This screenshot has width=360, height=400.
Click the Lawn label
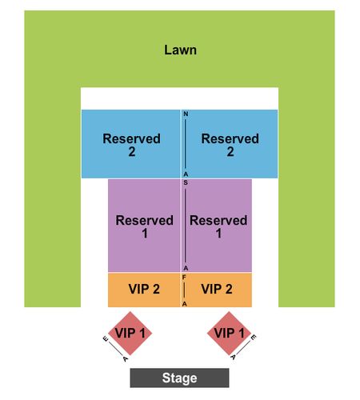coord(180,50)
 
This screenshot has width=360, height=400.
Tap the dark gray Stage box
coord(179,378)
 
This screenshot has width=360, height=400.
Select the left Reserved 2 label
coord(132,145)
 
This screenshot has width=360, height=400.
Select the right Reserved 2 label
coord(230,145)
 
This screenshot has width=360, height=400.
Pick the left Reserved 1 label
coord(145,226)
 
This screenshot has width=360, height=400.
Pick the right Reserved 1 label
coord(218,226)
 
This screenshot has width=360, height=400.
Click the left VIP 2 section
coord(144,290)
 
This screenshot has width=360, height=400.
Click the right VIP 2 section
coord(217,290)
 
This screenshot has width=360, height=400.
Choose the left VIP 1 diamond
coord(130,334)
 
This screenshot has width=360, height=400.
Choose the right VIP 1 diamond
coord(229,334)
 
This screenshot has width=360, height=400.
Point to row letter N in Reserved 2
coord(186,114)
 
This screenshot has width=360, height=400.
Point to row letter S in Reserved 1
coord(186,183)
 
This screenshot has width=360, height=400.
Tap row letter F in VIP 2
coord(184,278)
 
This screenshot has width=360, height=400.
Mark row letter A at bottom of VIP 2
coord(185,304)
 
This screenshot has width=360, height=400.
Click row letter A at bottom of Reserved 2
coord(186,174)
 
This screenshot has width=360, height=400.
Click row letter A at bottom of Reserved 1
coord(186,268)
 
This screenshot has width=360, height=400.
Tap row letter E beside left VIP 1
coord(106,339)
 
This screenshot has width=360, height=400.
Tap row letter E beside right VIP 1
coord(254,337)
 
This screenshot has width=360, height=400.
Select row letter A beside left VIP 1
coord(126,359)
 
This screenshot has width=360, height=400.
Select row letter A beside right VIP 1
coord(234,357)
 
